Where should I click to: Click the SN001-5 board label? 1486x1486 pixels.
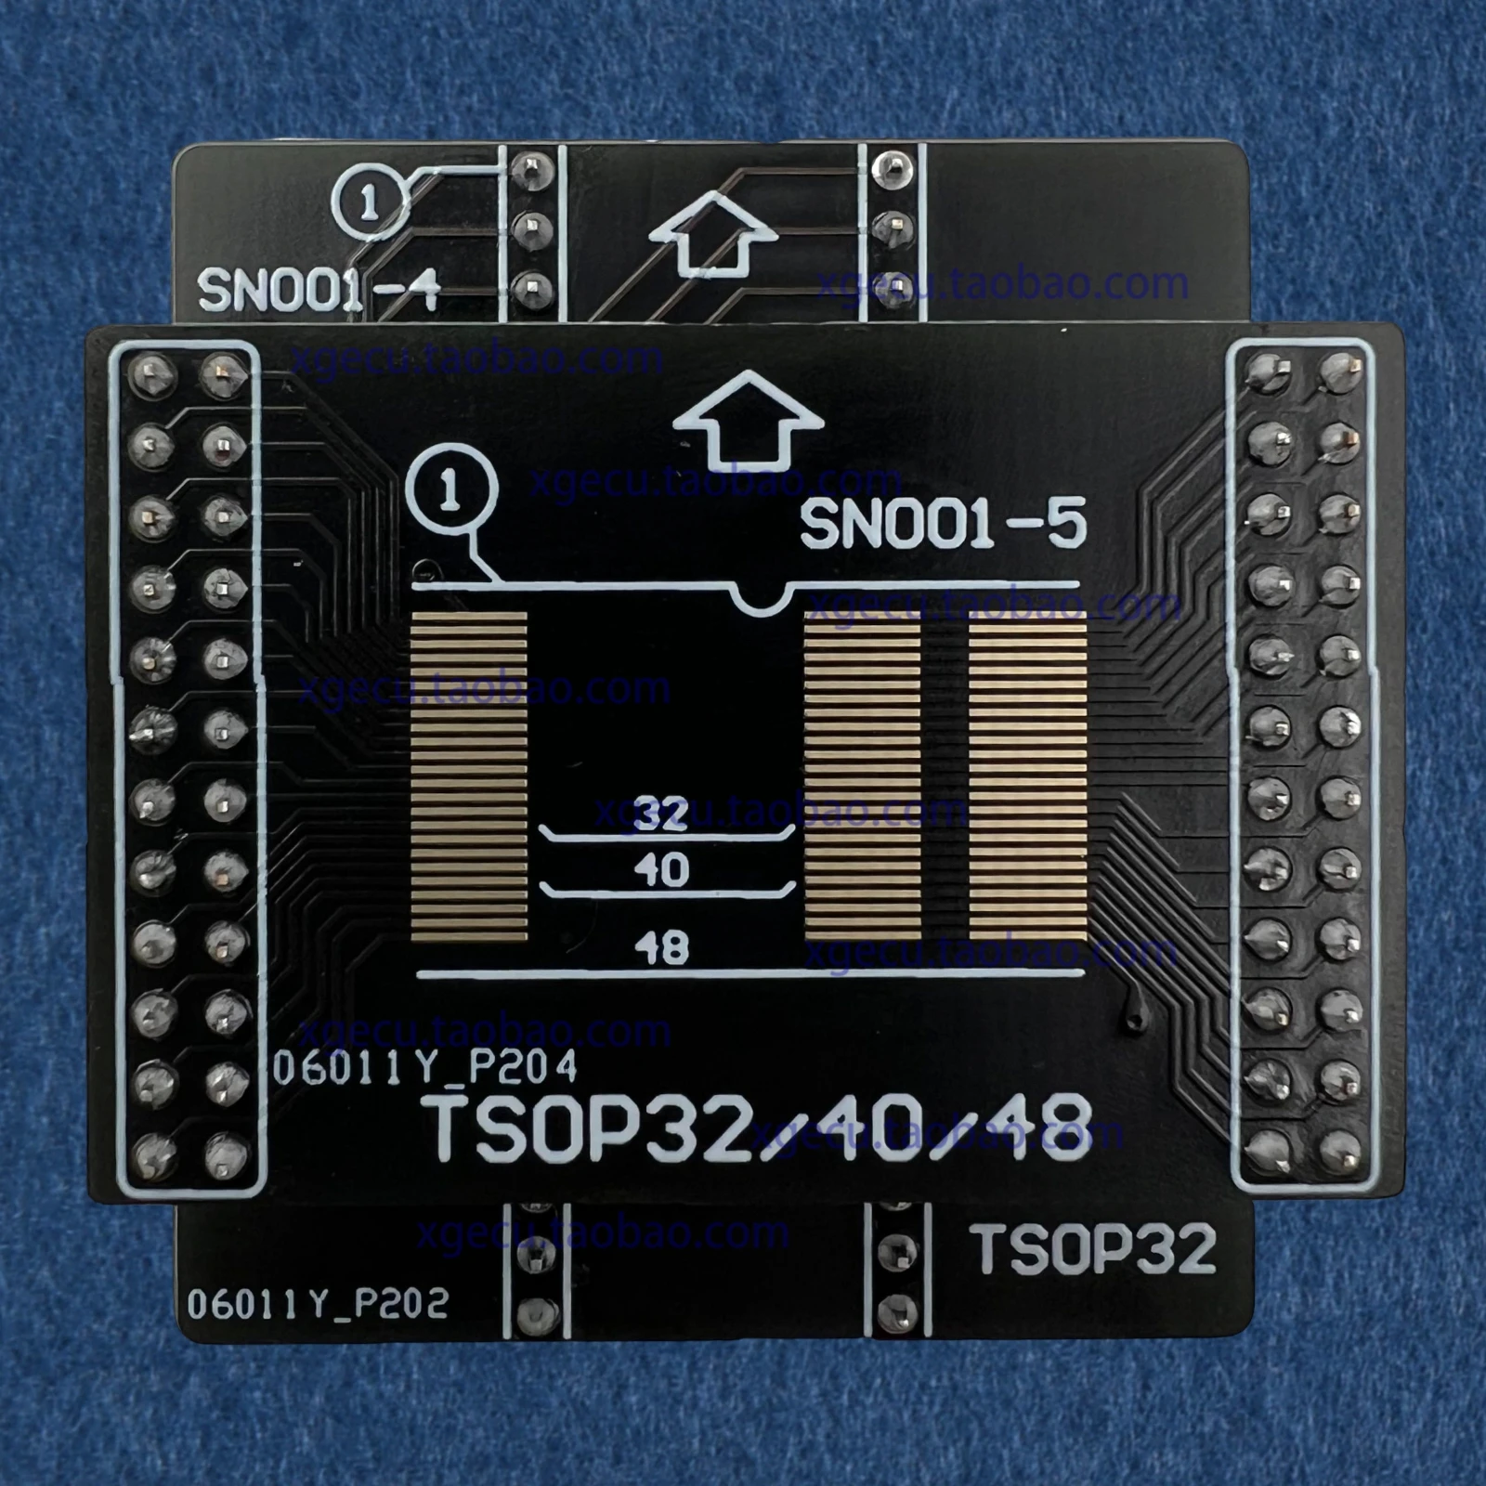942,524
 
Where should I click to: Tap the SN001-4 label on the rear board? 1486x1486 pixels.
319,291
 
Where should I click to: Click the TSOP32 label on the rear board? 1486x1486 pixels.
1094,1249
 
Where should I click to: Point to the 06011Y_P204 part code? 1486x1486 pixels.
424,1068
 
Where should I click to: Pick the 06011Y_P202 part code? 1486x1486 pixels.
318,1304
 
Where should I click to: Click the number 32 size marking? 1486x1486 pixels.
661,814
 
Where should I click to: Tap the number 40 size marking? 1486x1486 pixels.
661,870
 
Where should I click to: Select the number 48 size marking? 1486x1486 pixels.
661,947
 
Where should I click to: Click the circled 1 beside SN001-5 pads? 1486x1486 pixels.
451,489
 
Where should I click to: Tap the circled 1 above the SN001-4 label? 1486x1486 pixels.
369,201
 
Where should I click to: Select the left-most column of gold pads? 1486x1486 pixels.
469,776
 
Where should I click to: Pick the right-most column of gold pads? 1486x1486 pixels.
1027,776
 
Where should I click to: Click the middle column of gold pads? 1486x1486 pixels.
862,776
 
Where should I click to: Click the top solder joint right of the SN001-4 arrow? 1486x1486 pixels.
893,168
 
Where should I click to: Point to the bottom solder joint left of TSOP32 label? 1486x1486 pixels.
896,1311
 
